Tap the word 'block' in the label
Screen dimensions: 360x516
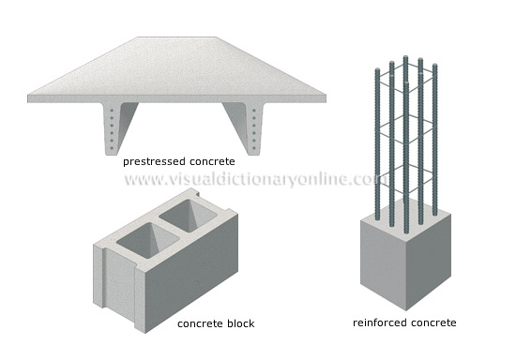tap(239, 324)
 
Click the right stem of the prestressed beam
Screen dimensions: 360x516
tap(246, 127)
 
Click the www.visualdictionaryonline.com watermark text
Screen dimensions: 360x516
tap(253, 179)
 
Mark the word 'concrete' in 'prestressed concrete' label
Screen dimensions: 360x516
tap(213, 161)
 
